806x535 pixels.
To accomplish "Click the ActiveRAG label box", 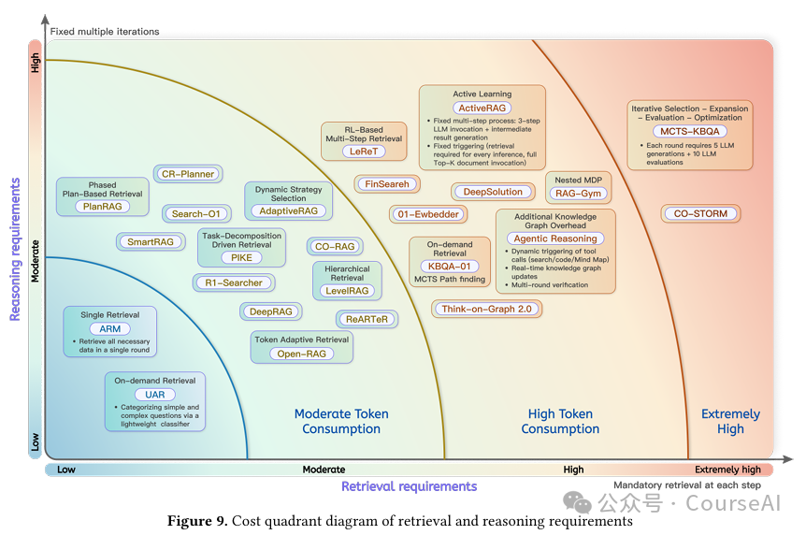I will tap(482, 108).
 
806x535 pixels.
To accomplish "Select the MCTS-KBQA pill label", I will tap(690, 132).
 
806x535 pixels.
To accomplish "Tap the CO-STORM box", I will tap(700, 213).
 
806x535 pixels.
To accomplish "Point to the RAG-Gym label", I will tap(580, 194).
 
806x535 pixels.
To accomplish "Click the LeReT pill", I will tap(364, 151).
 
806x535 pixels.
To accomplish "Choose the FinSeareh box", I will tap(387, 184).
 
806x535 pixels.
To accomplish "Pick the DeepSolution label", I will tap(493, 192).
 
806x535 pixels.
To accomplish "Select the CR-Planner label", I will tap(189, 173).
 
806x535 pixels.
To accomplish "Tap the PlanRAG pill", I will tap(102, 206).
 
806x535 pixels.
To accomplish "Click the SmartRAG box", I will tap(151, 241).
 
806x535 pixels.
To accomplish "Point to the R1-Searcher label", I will tap(234, 282).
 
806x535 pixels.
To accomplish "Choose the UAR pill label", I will tap(154, 394).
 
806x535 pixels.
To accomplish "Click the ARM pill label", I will tap(110, 329).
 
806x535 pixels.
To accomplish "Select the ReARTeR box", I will tap(367, 319).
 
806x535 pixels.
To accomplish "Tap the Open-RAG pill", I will tap(301, 354).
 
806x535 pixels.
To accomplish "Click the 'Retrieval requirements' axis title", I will tap(409, 486).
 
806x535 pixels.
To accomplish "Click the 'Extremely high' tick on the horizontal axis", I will tap(727, 470).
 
